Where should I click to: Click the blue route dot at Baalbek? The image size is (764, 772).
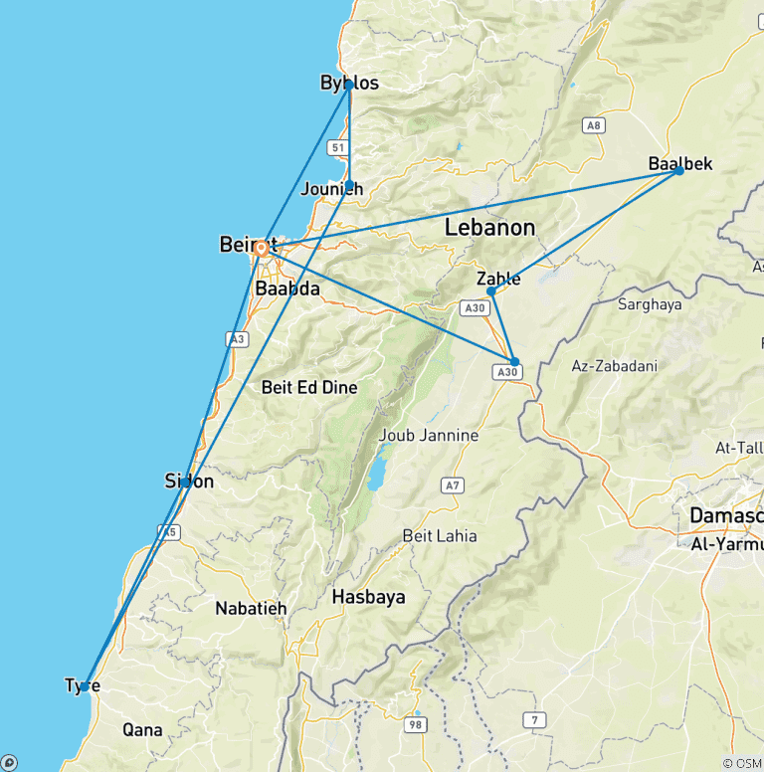click(x=678, y=170)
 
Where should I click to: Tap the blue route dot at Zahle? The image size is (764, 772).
click(x=491, y=291)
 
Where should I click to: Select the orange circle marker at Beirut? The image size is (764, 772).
click(x=262, y=250)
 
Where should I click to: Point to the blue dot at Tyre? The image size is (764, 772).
click(x=86, y=685)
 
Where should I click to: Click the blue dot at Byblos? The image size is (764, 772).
click(x=349, y=86)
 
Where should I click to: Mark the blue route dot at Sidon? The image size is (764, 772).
click(x=186, y=482)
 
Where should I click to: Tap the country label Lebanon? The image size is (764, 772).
click(x=489, y=227)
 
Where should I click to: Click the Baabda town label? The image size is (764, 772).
click(x=287, y=289)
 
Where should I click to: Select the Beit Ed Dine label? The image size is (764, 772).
click(x=308, y=387)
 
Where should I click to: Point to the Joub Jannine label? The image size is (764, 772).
click(x=429, y=435)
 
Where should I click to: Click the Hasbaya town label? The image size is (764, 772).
click(x=368, y=597)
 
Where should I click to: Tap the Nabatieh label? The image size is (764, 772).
click(x=251, y=608)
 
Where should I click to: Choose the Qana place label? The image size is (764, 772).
click(x=142, y=729)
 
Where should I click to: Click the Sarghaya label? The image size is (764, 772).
click(x=650, y=304)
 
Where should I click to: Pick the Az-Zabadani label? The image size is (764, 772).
click(x=614, y=366)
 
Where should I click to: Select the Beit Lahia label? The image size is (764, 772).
click(x=439, y=536)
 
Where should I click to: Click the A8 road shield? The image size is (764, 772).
click(x=594, y=125)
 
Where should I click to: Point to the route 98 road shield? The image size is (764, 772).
click(x=416, y=726)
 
